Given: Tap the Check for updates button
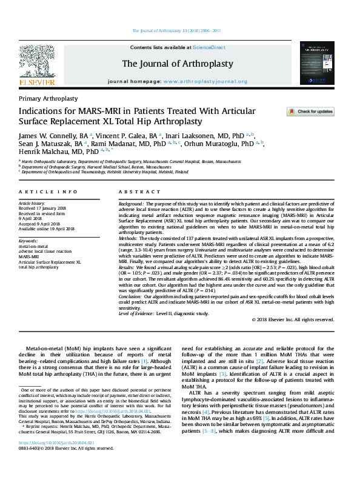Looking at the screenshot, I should tap(293, 112).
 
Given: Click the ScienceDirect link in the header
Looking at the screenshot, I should tap(209, 47).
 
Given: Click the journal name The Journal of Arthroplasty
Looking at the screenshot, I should tap(178, 64).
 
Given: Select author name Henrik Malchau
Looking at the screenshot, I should tap(42, 153).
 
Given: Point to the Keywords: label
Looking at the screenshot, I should tap(31, 241).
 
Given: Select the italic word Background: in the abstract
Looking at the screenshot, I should tap(131, 204).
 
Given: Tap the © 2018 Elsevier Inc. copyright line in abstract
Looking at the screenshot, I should tap(292, 320).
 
